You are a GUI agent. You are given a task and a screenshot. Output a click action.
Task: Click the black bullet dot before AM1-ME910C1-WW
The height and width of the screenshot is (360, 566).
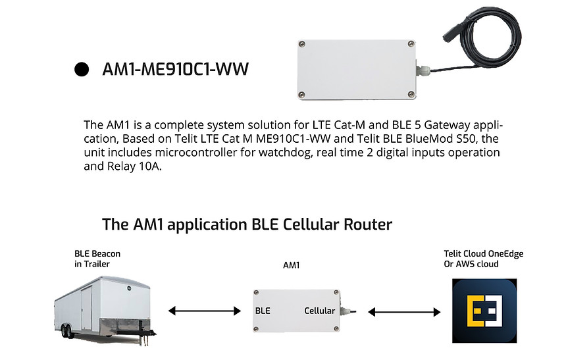(x=82, y=69)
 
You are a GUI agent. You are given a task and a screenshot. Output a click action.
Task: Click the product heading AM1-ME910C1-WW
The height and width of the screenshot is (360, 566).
(x=176, y=69)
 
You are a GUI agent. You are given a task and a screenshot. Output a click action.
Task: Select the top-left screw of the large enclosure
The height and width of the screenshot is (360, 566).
(x=302, y=44)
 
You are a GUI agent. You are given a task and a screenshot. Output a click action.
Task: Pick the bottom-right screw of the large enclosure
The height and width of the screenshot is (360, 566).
(x=411, y=95)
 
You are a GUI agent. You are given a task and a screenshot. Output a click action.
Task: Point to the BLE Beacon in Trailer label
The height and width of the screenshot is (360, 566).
(x=97, y=259)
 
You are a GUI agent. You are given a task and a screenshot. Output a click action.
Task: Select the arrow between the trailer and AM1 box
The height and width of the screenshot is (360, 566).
(x=205, y=311)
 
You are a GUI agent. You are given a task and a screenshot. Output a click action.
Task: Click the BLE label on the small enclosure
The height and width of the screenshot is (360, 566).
(x=263, y=311)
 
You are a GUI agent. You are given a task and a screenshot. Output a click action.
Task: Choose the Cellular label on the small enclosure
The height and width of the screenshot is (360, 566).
(x=319, y=311)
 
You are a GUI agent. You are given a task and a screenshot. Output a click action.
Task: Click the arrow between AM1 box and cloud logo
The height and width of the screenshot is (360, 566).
(x=404, y=312)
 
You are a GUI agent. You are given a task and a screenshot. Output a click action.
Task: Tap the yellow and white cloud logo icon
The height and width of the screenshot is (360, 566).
(x=484, y=311)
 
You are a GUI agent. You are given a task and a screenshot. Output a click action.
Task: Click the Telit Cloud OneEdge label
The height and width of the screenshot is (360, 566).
(x=484, y=254)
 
